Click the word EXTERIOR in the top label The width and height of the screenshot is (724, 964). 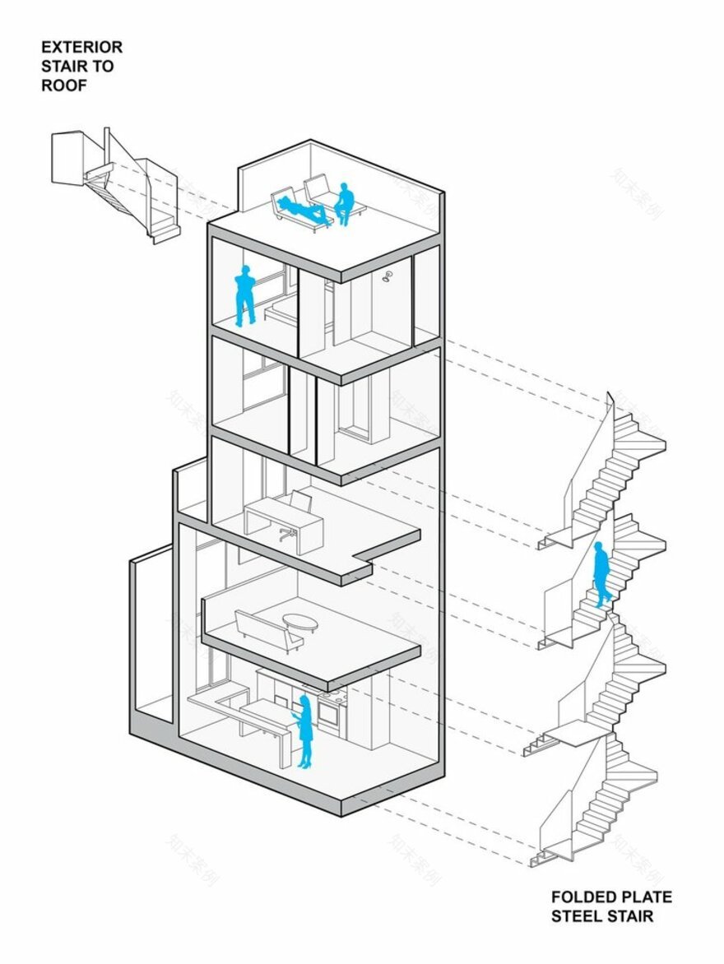[81, 47]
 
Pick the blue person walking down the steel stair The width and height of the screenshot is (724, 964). [601, 573]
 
